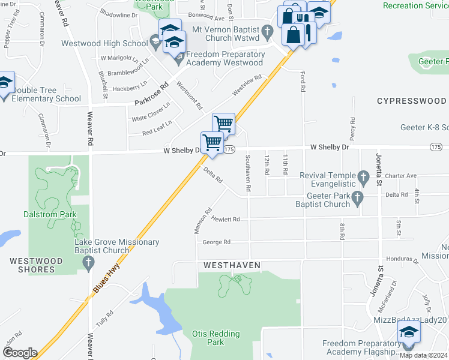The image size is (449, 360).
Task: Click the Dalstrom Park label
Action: (53, 213)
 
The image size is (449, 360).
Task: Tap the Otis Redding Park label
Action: (215, 338)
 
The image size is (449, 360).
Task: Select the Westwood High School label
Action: (104, 43)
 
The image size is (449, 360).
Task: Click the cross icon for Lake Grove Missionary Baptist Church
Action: (88, 262)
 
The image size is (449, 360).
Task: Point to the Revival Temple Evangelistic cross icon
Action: (363, 177)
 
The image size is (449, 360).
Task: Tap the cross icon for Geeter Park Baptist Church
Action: (358, 199)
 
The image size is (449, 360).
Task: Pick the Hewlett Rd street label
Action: (225, 219)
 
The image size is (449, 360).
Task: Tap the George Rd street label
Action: (216, 242)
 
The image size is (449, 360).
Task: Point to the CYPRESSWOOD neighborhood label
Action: (411, 101)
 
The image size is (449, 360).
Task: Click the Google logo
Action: (19, 353)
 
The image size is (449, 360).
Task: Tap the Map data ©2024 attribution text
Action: (423, 355)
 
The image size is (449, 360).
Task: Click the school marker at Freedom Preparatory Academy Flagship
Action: (409, 332)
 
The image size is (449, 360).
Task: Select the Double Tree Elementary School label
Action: (46, 94)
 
